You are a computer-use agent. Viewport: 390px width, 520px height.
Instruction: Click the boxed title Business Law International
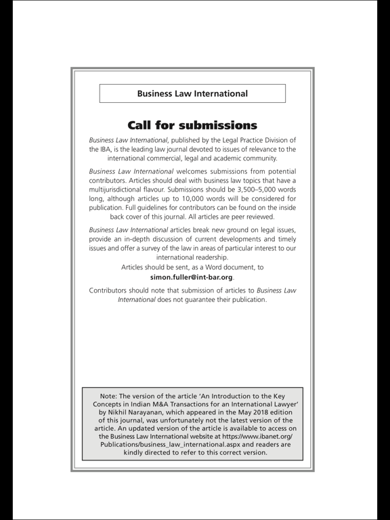click(192, 93)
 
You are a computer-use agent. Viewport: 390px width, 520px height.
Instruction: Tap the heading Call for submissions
click(192, 125)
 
